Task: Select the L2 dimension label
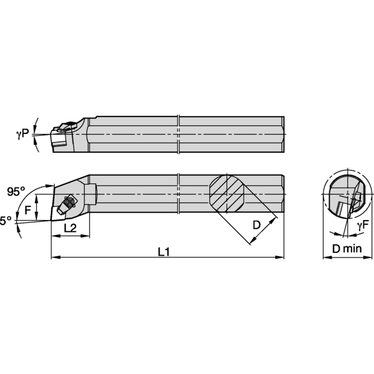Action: pos(70,229)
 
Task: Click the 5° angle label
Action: pos(6,221)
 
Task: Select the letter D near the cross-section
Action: pos(256,223)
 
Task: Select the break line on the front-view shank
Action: pos(178,194)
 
